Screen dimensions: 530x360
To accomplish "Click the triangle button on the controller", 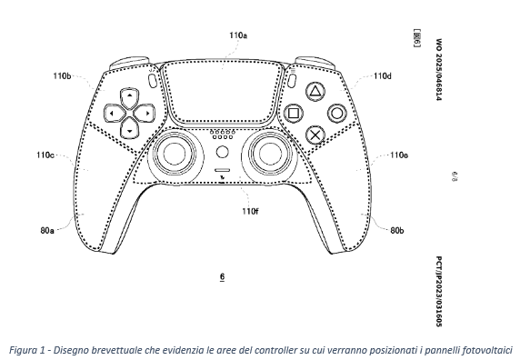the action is point(315,91).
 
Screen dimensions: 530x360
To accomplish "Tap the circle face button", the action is point(337,114).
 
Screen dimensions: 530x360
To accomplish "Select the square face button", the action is point(293,114).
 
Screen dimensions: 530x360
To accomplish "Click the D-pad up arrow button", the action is point(130,97).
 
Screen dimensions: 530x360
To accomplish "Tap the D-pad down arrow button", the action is point(130,128).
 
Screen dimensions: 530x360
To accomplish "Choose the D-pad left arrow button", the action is point(114,114).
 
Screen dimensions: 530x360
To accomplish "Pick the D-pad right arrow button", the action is point(145,114).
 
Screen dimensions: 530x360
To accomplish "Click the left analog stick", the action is point(175,155).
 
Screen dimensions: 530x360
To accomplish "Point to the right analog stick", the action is point(270,155).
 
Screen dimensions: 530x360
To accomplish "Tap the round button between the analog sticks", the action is point(222,152).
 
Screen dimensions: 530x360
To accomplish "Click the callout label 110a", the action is point(238,35).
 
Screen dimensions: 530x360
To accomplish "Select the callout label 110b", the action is point(62,75).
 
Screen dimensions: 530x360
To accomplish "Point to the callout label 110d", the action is point(383,76).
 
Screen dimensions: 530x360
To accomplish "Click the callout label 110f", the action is point(250,211).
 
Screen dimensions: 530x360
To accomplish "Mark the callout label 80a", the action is point(47,231).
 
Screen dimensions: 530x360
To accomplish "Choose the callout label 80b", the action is point(397,231).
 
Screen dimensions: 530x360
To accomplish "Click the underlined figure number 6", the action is point(222,277).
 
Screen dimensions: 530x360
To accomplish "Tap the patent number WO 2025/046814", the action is point(439,70).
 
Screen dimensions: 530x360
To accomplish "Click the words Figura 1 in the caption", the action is point(26,350).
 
